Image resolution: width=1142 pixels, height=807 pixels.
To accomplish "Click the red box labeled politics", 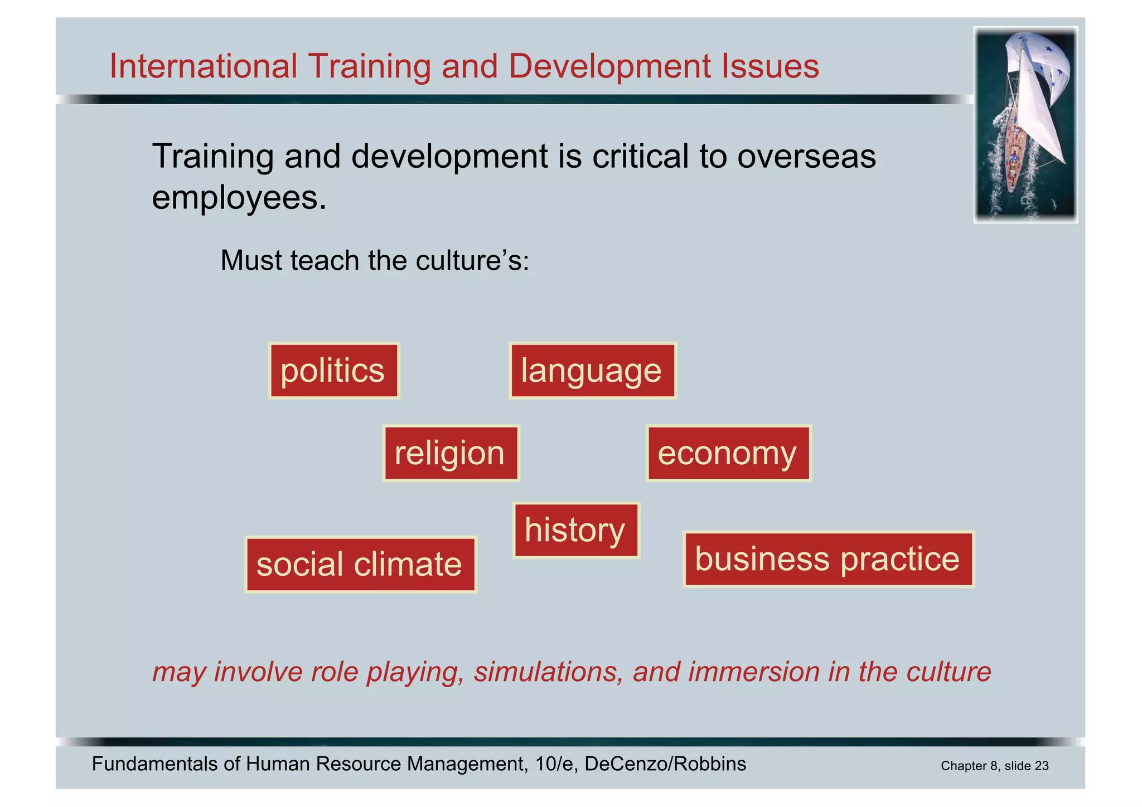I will point(333,371).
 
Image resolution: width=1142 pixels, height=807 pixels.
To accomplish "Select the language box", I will point(592,371).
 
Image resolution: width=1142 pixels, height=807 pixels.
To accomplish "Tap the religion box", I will point(451,453).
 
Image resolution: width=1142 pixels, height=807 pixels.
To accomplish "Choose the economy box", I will point(728,453).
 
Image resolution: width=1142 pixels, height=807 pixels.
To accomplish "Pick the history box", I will point(575,530).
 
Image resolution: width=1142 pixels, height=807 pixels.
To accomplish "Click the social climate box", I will point(360,564).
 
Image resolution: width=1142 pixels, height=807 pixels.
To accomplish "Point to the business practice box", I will point(828,559).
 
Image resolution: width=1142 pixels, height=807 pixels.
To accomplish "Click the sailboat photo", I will point(1025,125).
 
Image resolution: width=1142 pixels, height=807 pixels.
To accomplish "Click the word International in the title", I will point(203,66).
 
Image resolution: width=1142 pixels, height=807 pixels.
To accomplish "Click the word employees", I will point(239,197).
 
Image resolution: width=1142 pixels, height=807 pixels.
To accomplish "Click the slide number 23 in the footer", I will point(1041,766).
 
